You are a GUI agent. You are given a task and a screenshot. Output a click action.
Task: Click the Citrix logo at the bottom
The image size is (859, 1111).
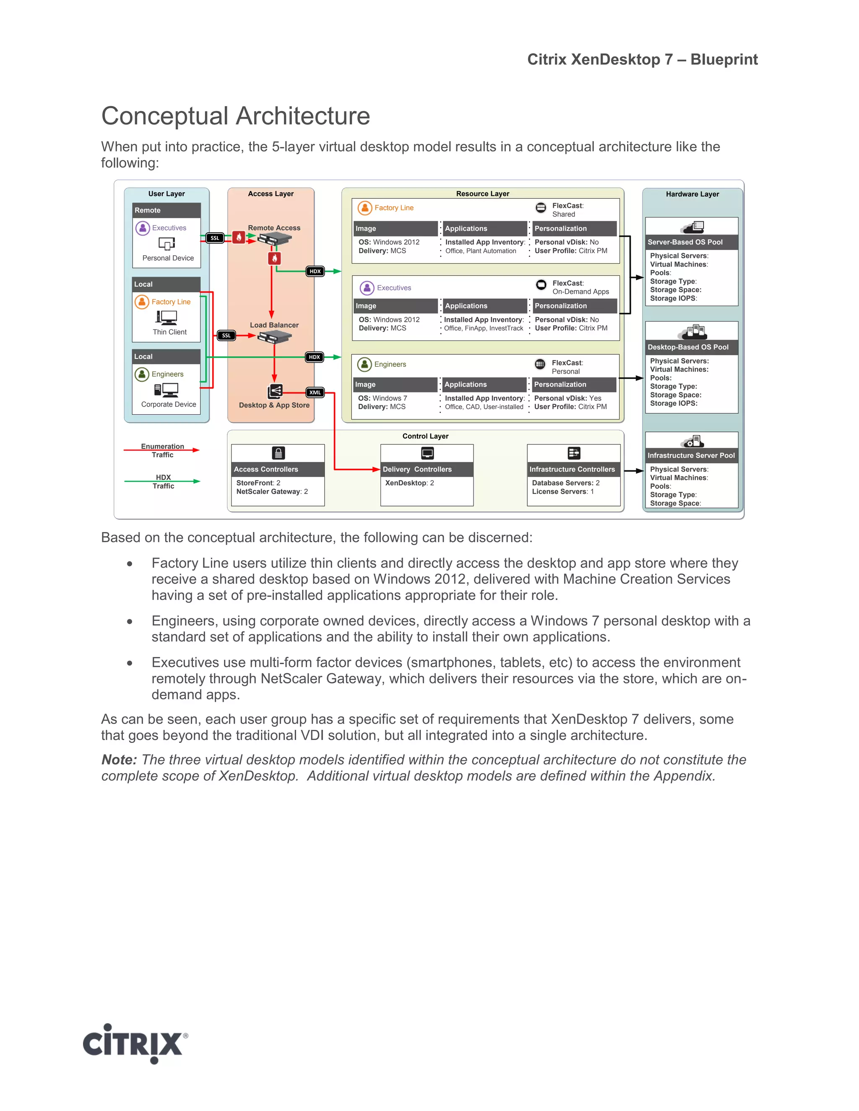[135, 1044]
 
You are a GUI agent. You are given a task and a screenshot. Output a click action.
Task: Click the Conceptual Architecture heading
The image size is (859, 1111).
[235, 116]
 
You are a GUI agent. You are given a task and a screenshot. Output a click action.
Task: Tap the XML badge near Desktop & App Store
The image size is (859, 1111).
[315, 392]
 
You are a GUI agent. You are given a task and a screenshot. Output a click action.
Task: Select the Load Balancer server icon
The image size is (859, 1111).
[274, 337]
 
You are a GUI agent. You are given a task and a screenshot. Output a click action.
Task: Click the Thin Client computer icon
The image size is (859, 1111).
[167, 318]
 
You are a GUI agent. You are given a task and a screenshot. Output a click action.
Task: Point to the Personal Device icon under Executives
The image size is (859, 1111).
[167, 244]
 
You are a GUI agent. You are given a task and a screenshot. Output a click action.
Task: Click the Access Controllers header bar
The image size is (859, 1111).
[278, 469]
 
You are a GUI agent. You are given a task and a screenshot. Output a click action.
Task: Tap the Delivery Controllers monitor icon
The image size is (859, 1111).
[427, 453]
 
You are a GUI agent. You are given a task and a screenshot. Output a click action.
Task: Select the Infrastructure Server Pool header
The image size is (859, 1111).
[691, 455]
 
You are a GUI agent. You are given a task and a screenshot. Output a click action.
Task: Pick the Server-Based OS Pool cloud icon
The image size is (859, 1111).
[692, 227]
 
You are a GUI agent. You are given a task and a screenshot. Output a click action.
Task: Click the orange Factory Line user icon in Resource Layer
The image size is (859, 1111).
[364, 208]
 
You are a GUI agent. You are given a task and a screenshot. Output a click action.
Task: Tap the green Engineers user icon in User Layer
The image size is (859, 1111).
[141, 374]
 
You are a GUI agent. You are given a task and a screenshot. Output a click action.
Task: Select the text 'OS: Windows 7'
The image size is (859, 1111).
[382, 398]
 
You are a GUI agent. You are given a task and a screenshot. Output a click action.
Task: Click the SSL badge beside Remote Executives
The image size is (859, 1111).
[215, 238]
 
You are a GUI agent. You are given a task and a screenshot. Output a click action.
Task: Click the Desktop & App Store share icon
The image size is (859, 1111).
[275, 391]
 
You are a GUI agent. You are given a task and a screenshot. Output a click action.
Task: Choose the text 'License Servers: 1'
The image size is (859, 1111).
[562, 491]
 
